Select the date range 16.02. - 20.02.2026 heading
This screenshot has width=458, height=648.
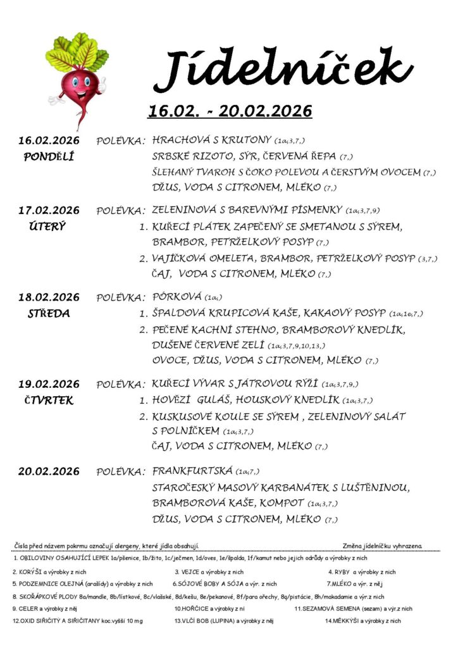[230, 111]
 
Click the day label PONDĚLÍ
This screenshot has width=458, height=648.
[49, 156]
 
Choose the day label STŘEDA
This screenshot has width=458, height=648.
[49, 313]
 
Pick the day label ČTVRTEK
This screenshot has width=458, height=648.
[49, 400]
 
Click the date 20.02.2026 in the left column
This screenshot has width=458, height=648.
[49, 471]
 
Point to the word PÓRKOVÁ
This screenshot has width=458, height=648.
[177, 296]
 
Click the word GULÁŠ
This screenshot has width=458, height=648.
[221, 400]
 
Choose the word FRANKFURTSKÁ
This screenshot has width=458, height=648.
[192, 471]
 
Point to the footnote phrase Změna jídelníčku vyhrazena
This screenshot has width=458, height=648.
[382, 545]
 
